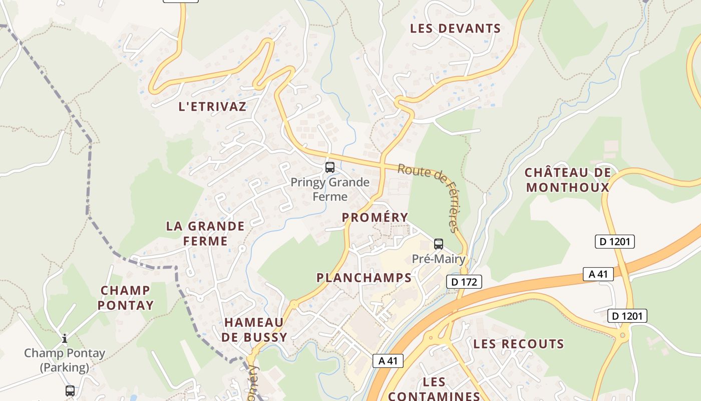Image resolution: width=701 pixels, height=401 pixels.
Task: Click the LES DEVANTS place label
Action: pyautogui.click(x=455, y=29)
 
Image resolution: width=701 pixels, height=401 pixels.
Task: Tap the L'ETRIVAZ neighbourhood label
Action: pyautogui.click(x=213, y=106)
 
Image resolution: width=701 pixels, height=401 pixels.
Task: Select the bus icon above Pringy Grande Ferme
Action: pyautogui.click(x=330, y=167)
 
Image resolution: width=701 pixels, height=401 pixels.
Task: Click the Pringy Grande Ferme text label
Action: pyautogui.click(x=330, y=189)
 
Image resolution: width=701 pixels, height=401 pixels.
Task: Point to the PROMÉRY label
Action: pyautogui.click(x=375, y=218)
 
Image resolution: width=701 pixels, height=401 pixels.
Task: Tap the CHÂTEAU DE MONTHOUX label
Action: pyautogui.click(x=568, y=180)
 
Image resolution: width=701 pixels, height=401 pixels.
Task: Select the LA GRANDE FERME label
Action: pyautogui.click(x=205, y=234)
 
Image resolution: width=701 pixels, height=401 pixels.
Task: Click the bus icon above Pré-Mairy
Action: pyautogui.click(x=439, y=244)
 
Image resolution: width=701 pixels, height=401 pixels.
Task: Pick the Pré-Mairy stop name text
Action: pyautogui.click(x=439, y=259)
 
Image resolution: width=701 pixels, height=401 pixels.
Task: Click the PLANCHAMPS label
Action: pyautogui.click(x=364, y=278)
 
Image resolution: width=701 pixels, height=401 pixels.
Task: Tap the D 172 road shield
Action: pyautogui.click(x=464, y=282)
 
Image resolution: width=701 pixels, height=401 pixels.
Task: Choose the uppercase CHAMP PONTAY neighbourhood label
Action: pyautogui.click(x=125, y=298)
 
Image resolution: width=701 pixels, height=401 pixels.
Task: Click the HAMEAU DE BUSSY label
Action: pyautogui.click(x=254, y=329)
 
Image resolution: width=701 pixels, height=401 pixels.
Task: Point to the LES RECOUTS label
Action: pyautogui.click(x=518, y=344)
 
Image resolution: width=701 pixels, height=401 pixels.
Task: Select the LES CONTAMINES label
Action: pyautogui.click(x=434, y=389)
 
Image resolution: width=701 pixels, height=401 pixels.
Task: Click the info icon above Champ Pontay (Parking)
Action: pyautogui.click(x=65, y=339)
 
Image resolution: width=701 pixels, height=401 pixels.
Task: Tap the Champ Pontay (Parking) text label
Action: pyautogui.click(x=65, y=360)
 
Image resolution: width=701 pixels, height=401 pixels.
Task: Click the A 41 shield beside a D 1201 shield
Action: pyautogui.click(x=598, y=274)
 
